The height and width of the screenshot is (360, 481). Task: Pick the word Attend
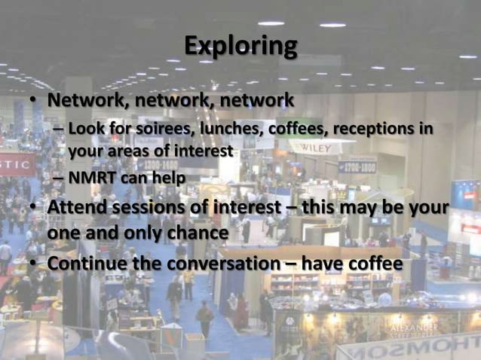(79, 207)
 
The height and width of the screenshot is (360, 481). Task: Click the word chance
(198, 233)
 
